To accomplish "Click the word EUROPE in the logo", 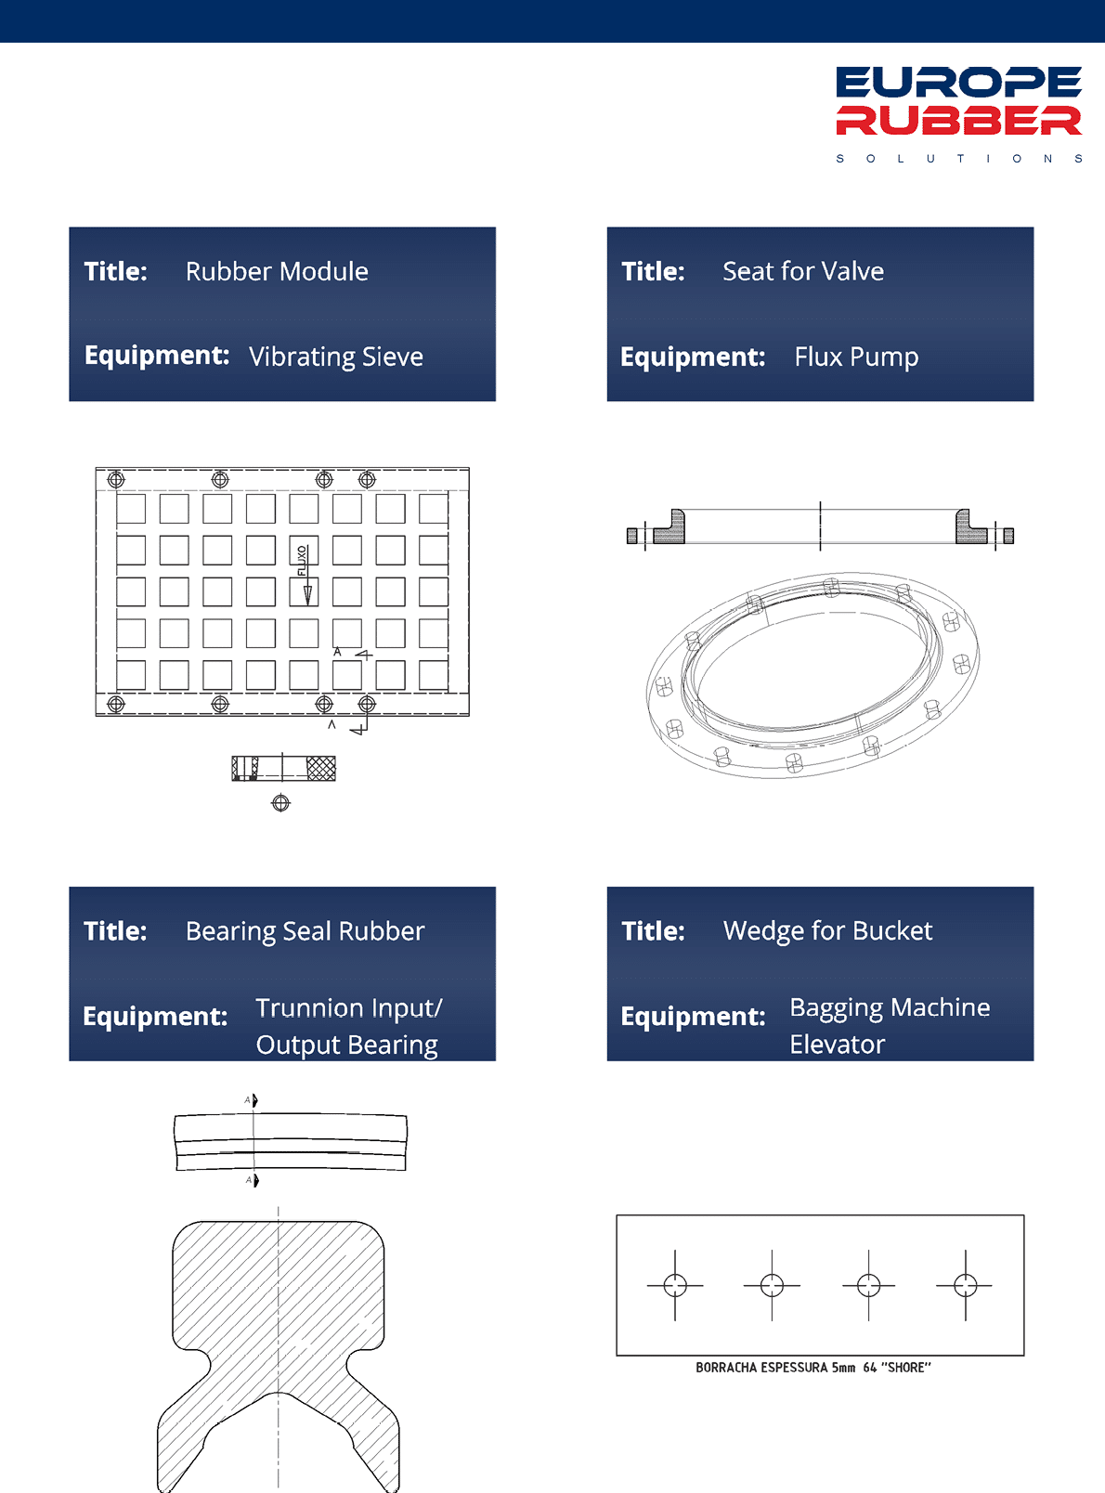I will [x=958, y=83].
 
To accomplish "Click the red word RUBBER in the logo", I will [x=958, y=121].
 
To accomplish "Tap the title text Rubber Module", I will [x=277, y=272].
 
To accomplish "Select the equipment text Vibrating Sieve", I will [x=336, y=357].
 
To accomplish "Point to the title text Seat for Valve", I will [x=803, y=272].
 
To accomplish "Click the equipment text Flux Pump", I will [x=856, y=357].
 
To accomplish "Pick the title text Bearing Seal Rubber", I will [x=305, y=931].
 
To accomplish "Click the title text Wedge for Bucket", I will [x=827, y=931].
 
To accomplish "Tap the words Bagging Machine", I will [x=890, y=1007].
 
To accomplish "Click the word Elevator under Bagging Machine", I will [x=838, y=1045].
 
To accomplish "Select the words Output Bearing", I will [x=346, y=1045].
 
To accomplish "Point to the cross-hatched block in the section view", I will [x=320, y=768].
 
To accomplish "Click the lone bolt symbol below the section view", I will [x=280, y=803].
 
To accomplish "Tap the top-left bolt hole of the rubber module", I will [x=116, y=479].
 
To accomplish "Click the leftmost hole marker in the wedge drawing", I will [x=675, y=1285].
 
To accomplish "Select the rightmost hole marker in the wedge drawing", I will [x=966, y=1285].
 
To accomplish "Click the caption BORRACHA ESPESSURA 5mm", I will [x=775, y=1368].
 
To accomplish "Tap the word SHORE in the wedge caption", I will [x=905, y=1368].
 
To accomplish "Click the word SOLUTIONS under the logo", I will [x=958, y=159].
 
